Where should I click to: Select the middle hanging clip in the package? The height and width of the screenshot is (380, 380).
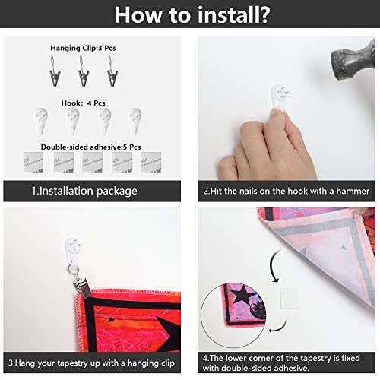(x=84, y=71)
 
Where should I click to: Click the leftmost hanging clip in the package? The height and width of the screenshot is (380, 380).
(x=55, y=71)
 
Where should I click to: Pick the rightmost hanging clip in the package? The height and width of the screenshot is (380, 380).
(x=112, y=71)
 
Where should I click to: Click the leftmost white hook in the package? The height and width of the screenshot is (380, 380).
(x=41, y=121)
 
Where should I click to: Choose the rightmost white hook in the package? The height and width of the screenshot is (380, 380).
(x=135, y=121)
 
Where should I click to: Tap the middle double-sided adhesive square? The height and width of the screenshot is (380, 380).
(x=93, y=163)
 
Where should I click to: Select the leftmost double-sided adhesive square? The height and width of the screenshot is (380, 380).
(x=33, y=163)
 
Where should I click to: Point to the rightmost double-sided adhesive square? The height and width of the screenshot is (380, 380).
(x=151, y=163)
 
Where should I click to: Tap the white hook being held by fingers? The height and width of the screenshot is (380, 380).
(x=280, y=97)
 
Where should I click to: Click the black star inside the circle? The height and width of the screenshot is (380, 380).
(x=242, y=294)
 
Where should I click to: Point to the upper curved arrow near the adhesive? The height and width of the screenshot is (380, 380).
(x=272, y=266)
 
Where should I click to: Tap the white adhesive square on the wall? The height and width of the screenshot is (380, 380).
(x=289, y=298)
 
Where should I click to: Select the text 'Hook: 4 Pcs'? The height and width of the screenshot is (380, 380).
(x=83, y=103)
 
